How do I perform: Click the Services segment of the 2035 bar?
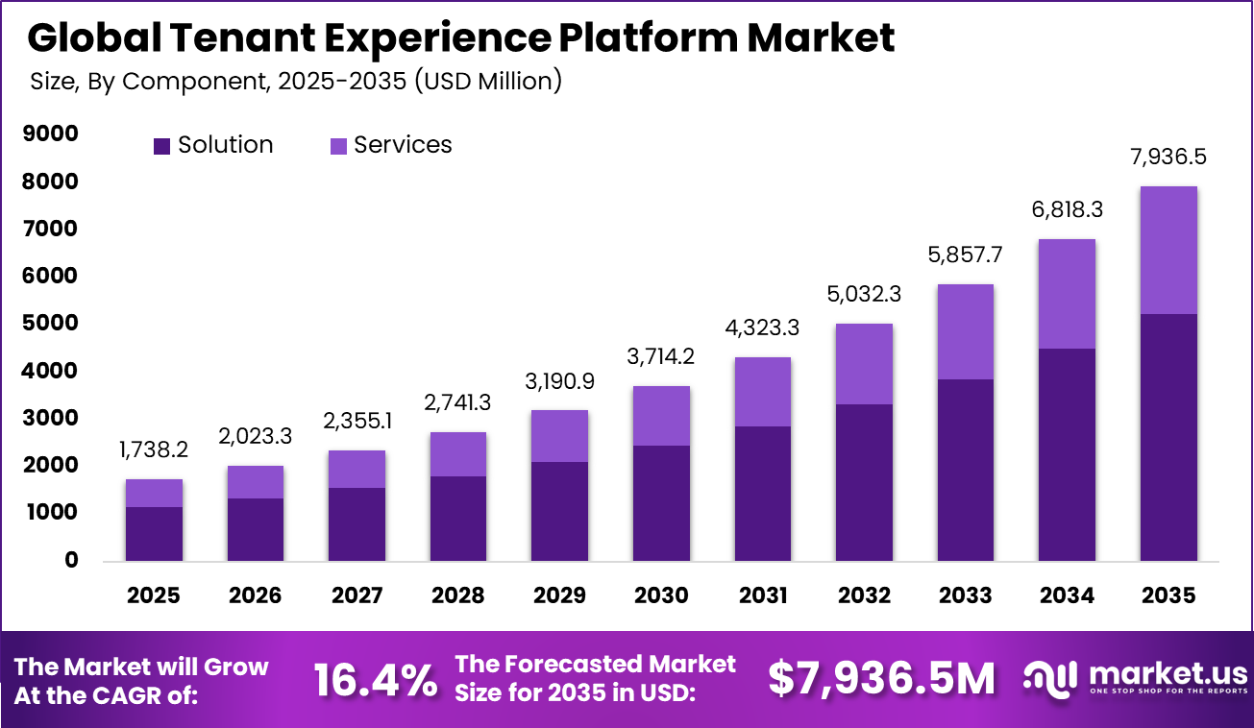[x=1168, y=250]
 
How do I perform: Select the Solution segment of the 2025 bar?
[x=154, y=533]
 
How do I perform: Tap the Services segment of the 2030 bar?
[x=661, y=415]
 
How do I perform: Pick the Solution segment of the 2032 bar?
[x=864, y=482]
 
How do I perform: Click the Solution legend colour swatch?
[x=161, y=146]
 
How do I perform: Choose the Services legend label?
[x=403, y=145]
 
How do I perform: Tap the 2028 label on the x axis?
[x=458, y=595]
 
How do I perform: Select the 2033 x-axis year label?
[x=965, y=595]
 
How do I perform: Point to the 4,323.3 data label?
[x=762, y=329]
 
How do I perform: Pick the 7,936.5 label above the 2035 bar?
[x=1168, y=158]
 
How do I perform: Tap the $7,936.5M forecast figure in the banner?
[x=881, y=680]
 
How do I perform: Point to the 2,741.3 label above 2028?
[x=458, y=403]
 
